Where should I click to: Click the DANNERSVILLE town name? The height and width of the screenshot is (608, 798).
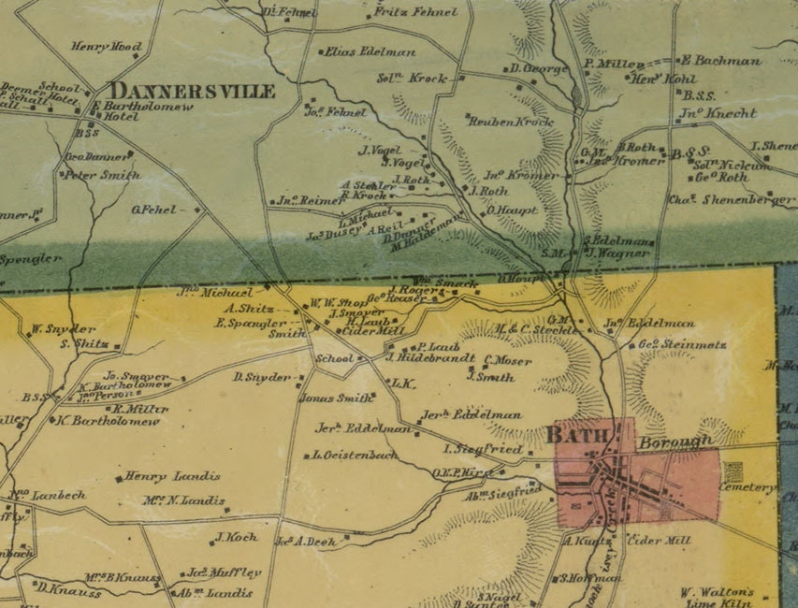coord(193,92)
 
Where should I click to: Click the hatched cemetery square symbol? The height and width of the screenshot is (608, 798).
coord(733,471)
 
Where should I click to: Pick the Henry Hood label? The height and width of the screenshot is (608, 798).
coord(106,47)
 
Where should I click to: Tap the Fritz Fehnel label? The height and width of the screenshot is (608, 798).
coord(415,12)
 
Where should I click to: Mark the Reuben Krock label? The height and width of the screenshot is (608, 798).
coord(511,122)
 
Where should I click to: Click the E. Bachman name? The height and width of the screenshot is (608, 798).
coord(726,61)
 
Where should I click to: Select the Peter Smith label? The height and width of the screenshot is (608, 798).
coord(102,175)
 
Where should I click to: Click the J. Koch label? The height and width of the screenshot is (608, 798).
coord(236,538)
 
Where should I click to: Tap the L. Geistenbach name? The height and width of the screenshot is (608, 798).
coord(355,456)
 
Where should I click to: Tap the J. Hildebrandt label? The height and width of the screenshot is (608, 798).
coord(429,356)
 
